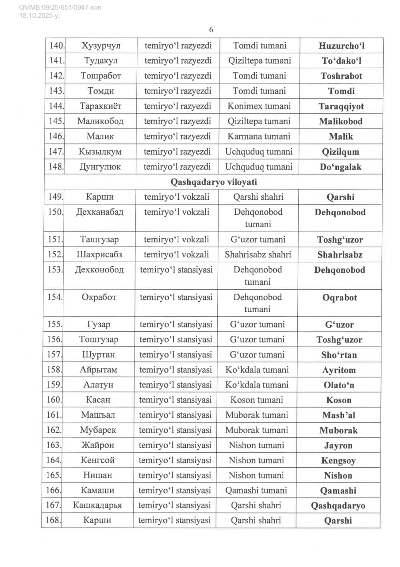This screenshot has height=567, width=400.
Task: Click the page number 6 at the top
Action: pyautogui.click(x=211, y=30)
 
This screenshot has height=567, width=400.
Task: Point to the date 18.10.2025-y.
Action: pyautogui.click(x=39, y=16)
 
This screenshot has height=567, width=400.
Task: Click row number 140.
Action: pyautogui.click(x=56, y=45)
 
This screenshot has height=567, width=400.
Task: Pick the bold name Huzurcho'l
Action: pyautogui.click(x=341, y=46)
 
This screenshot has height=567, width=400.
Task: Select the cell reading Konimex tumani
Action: pyautogui.click(x=259, y=106)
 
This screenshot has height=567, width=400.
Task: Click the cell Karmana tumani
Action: pyautogui.click(x=259, y=136)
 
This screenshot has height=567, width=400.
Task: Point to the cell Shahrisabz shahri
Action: pyautogui.click(x=258, y=255)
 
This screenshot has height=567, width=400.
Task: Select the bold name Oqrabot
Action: pyautogui.click(x=340, y=297)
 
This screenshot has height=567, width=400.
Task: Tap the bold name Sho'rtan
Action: pyautogui.click(x=340, y=355)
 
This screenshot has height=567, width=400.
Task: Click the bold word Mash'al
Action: pyautogui.click(x=340, y=415)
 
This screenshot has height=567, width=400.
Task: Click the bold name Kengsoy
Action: pyautogui.click(x=339, y=461)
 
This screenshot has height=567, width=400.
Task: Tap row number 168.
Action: pyautogui.click(x=54, y=520)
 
